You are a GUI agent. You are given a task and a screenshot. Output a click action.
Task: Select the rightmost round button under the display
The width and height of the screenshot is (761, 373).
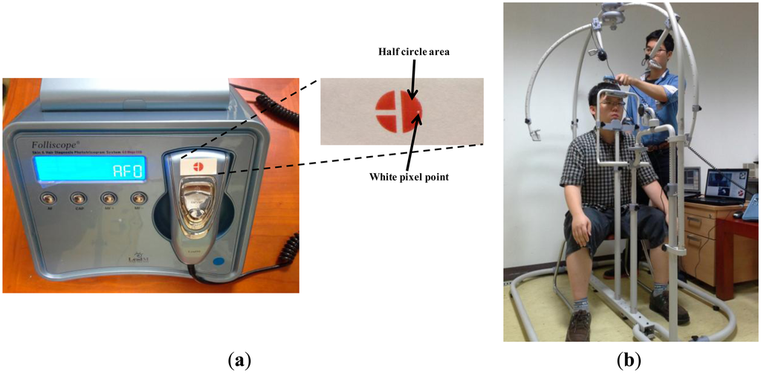coord(137,198)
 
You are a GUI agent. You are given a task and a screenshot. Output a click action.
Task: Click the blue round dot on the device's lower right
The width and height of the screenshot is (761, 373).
coord(218,261)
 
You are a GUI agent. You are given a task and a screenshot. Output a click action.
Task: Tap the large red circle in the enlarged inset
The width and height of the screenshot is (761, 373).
coord(399,112)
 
